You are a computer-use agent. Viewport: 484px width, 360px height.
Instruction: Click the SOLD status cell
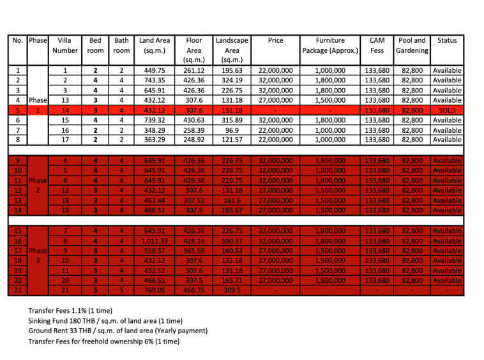coord(447,110)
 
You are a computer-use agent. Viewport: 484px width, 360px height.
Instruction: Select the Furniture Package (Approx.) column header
coord(330,45)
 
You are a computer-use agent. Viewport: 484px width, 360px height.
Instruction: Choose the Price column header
coord(276,40)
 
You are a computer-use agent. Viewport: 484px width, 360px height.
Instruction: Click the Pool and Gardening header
coord(411,45)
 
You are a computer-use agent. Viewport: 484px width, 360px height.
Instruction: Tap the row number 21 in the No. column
coord(19,290)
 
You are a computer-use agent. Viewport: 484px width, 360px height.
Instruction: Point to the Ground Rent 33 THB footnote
coord(117,331)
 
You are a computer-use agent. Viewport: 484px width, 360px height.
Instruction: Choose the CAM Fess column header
coord(377,45)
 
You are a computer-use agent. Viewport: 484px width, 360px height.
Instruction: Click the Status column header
coord(447,40)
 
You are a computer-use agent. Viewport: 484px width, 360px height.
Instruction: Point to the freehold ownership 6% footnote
coord(103,341)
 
